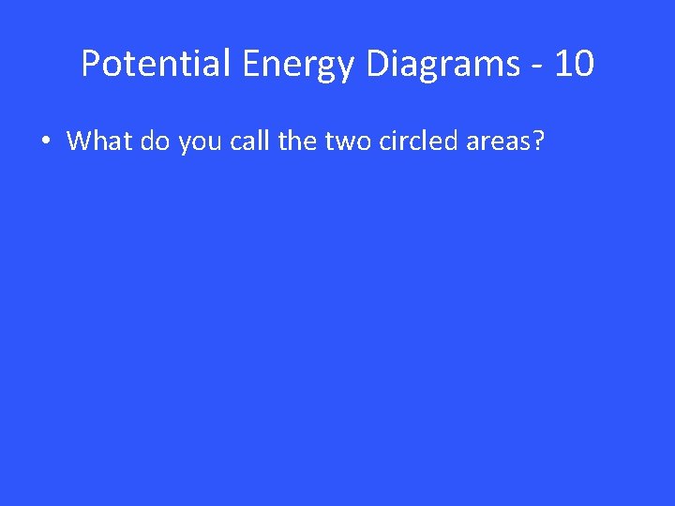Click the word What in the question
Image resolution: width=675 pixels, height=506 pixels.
pos(99,141)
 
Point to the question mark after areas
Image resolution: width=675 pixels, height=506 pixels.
pos(539,141)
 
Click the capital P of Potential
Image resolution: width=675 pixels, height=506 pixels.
pos(91,64)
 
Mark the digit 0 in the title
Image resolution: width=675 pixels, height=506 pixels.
pos(582,64)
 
